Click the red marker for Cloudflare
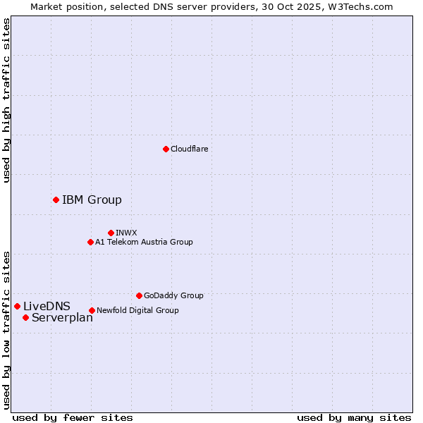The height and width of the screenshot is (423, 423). [166, 149]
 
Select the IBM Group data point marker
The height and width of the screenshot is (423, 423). [56, 200]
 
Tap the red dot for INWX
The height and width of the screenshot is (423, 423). [111, 233]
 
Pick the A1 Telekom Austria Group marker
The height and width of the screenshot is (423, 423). [90, 242]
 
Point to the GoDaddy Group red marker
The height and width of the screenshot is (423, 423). [139, 295]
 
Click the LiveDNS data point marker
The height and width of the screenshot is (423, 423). [17, 306]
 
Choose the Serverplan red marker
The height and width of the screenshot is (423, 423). [25, 317]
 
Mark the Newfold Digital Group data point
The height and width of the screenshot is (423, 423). [92, 310]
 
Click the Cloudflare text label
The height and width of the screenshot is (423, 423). [190, 149]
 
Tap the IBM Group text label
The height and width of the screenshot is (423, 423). [92, 200]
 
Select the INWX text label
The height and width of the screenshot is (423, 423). [126, 233]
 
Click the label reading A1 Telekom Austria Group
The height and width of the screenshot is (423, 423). [144, 242]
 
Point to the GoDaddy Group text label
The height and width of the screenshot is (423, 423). [173, 295]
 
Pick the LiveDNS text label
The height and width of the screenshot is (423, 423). [47, 306]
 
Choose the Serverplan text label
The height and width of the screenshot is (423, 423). [62, 317]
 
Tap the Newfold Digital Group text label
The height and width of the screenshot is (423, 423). [137, 310]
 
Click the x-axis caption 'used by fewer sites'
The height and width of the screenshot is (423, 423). [73, 417]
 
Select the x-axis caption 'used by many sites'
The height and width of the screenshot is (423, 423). [354, 417]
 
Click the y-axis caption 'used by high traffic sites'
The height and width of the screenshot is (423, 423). [7, 100]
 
